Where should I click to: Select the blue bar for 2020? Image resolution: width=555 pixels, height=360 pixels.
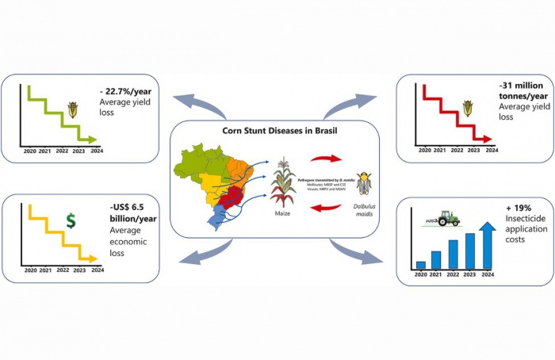[x=421, y=265]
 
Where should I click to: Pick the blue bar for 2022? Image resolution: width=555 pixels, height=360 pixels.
[x=453, y=254]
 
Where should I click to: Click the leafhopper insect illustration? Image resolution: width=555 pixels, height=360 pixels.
[x=364, y=182]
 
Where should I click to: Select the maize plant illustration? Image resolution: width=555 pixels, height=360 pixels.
[x=284, y=182]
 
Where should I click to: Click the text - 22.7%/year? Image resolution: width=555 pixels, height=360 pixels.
[x=128, y=91]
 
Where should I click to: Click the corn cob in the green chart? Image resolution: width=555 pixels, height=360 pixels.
[x=73, y=109]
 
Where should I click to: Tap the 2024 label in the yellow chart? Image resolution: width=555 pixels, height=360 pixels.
[x=97, y=270]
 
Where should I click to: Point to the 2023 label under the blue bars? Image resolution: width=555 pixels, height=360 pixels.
[x=471, y=274]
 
